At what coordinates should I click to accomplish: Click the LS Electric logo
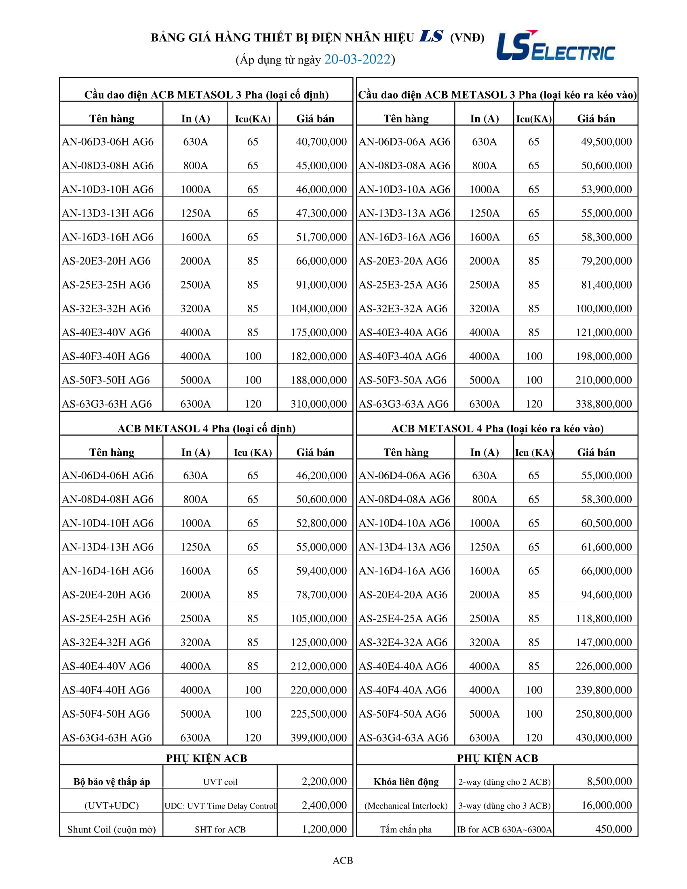(555, 46)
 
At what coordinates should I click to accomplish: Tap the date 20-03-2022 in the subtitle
(357, 59)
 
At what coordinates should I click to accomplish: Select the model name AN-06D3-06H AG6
(108, 142)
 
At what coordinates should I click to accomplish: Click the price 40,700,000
(321, 142)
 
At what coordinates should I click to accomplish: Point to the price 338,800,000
(603, 404)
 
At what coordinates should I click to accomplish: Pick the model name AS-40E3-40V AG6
(106, 332)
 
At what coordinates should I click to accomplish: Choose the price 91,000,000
(321, 284)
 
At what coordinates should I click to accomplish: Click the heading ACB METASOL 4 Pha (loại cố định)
(207, 428)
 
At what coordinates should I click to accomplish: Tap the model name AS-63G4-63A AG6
(403, 737)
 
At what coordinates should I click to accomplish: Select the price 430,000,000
(603, 737)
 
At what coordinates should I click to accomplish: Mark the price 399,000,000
(318, 737)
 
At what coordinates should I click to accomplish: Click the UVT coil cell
(220, 782)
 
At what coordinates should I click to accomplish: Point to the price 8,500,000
(609, 782)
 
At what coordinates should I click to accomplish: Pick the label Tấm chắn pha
(406, 830)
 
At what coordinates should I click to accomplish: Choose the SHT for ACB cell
(220, 830)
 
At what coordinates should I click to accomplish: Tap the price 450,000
(613, 829)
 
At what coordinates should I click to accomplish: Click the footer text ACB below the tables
(343, 860)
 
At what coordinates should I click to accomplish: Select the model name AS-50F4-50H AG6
(106, 714)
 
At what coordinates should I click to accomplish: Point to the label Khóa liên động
(406, 782)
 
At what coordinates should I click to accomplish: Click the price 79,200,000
(606, 261)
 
